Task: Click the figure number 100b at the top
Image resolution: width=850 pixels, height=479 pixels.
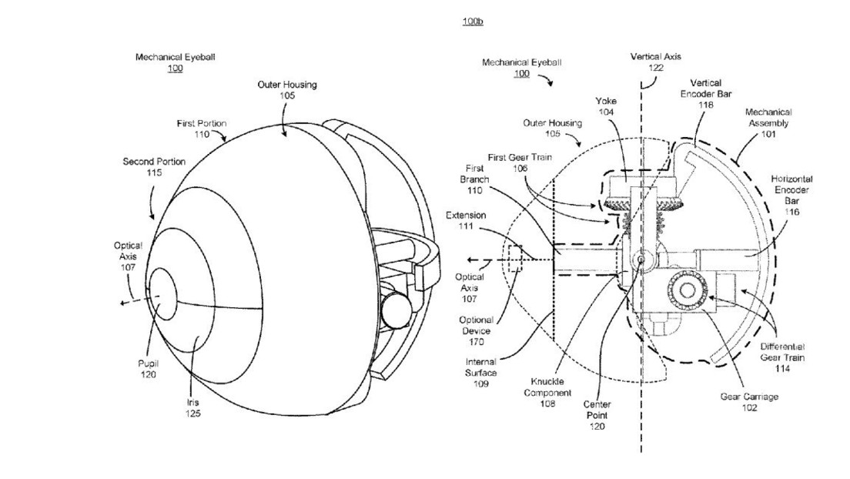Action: point(472,22)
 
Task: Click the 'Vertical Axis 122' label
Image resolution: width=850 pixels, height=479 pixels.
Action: point(655,62)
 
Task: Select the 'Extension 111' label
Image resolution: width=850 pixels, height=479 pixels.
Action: point(467,220)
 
